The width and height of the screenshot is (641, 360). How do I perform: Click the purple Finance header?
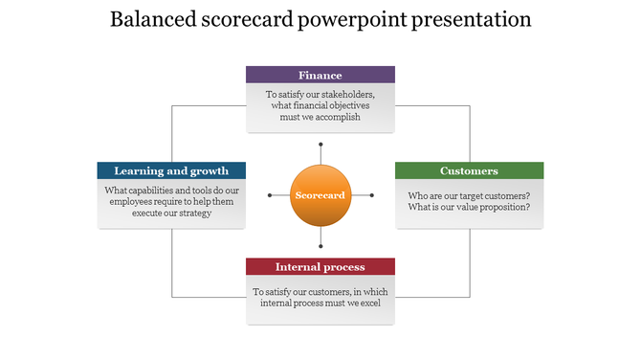pos(320,75)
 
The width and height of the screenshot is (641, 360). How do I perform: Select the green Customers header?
pos(469,170)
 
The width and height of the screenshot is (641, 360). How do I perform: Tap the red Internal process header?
pos(320,266)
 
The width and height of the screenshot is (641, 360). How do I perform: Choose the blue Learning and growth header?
pos(171,170)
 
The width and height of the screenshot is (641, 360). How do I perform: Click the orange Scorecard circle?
pos(320,195)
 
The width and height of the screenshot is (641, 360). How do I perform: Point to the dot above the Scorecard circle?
pos(320,146)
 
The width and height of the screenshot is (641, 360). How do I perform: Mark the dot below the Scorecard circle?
pos(320,245)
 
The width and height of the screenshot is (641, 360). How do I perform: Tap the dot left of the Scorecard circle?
pos(270,195)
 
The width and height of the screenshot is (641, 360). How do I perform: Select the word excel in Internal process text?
pos(369,304)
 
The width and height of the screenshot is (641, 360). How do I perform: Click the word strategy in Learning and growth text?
pos(191,213)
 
